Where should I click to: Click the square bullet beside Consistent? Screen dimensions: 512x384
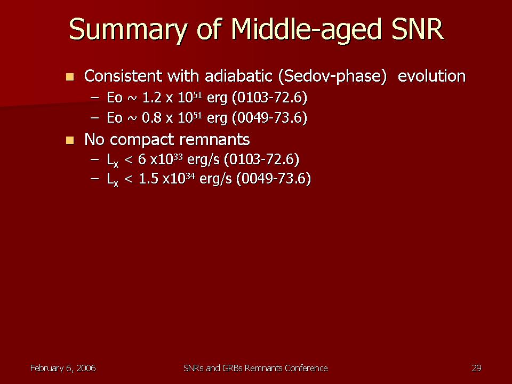tap(70, 77)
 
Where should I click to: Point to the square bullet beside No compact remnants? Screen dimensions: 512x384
tap(70, 140)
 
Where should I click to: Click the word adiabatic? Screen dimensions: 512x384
tap(238, 76)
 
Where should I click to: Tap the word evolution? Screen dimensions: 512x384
tap(431, 76)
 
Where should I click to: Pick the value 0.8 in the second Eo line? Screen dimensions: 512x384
tap(152, 117)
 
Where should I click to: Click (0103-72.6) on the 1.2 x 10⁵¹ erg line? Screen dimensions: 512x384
tap(270, 98)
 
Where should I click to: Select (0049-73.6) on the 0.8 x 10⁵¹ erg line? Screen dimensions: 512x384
tap(270, 118)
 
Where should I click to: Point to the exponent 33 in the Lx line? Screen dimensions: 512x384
tap(178, 156)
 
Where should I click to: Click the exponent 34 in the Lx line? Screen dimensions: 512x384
tap(190, 175)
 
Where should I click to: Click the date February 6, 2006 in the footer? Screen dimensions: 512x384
tap(63, 369)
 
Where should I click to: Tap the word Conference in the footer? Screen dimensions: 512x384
tap(306, 368)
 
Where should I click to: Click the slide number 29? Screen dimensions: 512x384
tap(477, 368)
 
